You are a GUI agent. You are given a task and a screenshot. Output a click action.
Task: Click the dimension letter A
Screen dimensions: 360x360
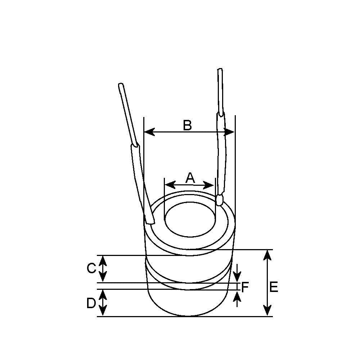(x=190, y=177)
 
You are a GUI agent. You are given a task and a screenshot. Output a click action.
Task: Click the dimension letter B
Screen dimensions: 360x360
(x=187, y=125)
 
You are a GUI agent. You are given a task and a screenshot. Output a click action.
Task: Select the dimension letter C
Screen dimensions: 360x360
(x=91, y=268)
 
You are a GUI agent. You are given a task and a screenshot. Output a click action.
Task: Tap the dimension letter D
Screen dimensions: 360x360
(x=91, y=303)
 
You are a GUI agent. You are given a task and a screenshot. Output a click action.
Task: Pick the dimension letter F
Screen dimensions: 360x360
(x=245, y=287)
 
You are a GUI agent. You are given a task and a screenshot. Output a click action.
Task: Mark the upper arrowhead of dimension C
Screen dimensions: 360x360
(x=103, y=260)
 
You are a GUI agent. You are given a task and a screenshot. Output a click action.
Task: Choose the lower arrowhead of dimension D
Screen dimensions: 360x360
(x=103, y=312)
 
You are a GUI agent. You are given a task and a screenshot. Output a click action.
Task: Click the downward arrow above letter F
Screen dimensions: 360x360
(x=237, y=278)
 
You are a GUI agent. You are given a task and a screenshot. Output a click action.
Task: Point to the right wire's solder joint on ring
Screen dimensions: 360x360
(x=219, y=200)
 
